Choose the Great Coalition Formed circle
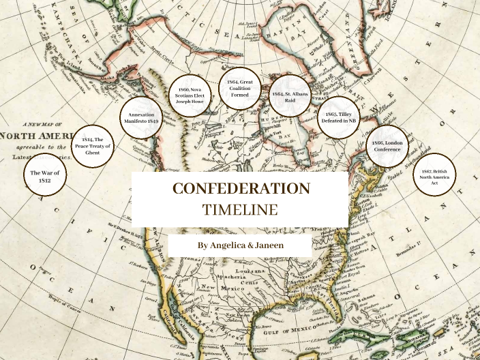click(240, 89)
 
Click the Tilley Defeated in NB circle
click(339, 117)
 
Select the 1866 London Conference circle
click(387, 147)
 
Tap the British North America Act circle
click(434, 176)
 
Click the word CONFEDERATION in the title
click(240, 189)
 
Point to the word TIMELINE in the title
click(240, 209)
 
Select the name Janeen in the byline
click(267, 245)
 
